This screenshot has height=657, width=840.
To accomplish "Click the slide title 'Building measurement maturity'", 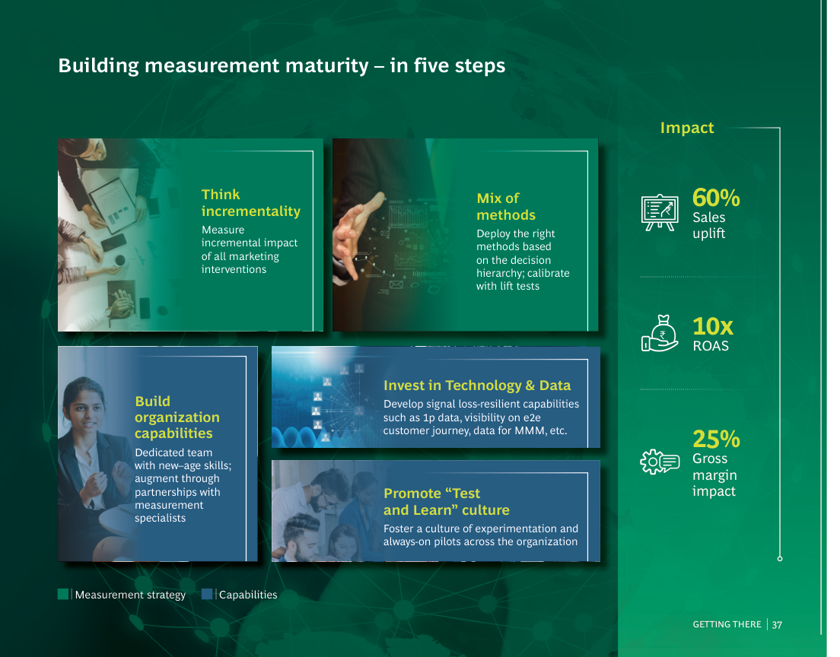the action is click(213, 66).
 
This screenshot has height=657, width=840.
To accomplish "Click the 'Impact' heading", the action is click(687, 128).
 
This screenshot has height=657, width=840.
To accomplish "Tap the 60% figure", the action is click(716, 198).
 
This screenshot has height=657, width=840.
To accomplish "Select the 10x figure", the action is click(712, 326).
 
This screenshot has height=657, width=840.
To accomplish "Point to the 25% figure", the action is click(716, 439).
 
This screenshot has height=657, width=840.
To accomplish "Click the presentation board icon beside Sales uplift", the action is click(660, 212).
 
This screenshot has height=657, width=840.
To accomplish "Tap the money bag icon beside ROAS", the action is click(660, 333).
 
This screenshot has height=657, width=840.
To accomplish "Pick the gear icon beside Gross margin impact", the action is click(660, 461).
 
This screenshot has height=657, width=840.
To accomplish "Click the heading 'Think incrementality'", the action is click(251, 203).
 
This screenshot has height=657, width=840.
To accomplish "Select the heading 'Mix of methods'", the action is click(506, 207).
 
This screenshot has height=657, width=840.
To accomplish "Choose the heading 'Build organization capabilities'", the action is click(177, 417).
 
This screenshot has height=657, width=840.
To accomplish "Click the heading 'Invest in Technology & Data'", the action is click(477, 386).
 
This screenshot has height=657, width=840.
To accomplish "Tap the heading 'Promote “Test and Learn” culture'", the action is click(446, 502).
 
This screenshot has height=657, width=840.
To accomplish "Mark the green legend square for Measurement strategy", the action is click(63, 594).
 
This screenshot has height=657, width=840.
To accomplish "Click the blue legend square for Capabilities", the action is click(207, 594).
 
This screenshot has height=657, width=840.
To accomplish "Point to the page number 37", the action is click(777, 625).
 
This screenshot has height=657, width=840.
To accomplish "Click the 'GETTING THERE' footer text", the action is click(727, 624).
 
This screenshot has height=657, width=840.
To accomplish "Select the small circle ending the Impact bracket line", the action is click(780, 558).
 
